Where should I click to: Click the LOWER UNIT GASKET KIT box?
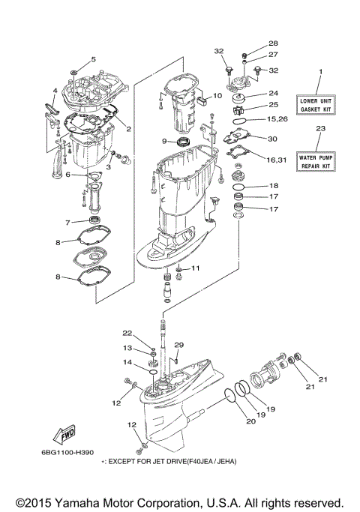[x=319, y=104]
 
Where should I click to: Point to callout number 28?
[x=252, y=43]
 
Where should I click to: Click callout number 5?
[x=94, y=59]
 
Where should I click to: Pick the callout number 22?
[x=127, y=333]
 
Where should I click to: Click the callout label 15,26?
[x=278, y=119]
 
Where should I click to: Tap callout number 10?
[x=217, y=96]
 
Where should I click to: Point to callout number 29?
[x=178, y=344]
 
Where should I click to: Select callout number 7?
[x=67, y=223]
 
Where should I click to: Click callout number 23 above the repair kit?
[x=320, y=128]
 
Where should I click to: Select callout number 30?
[x=273, y=138]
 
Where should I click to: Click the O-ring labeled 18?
[x=239, y=185]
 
